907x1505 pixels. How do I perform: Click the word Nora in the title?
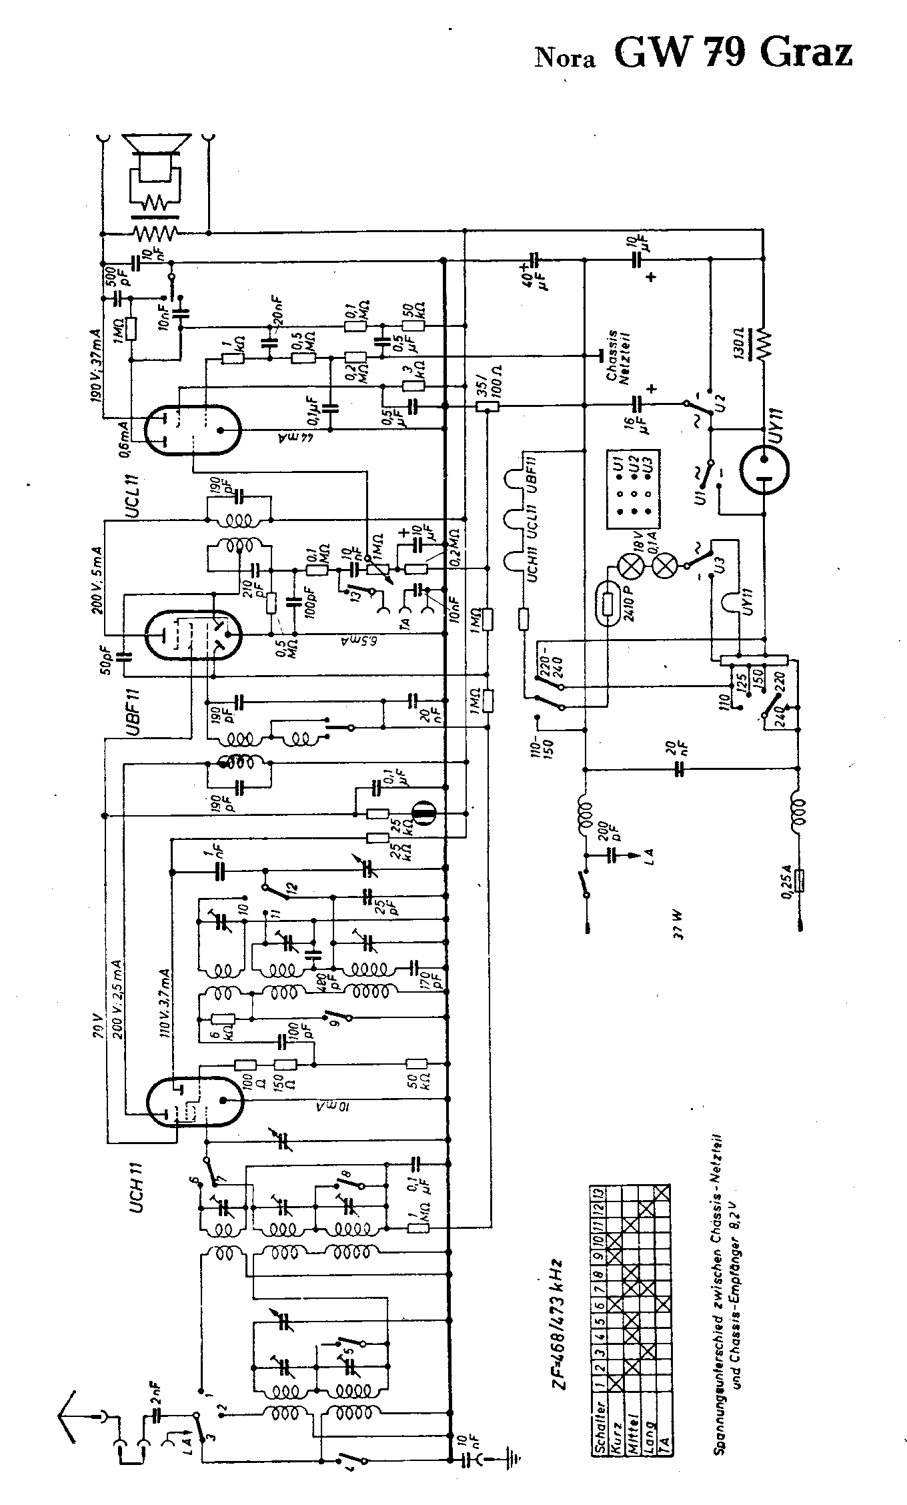pos(565,59)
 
